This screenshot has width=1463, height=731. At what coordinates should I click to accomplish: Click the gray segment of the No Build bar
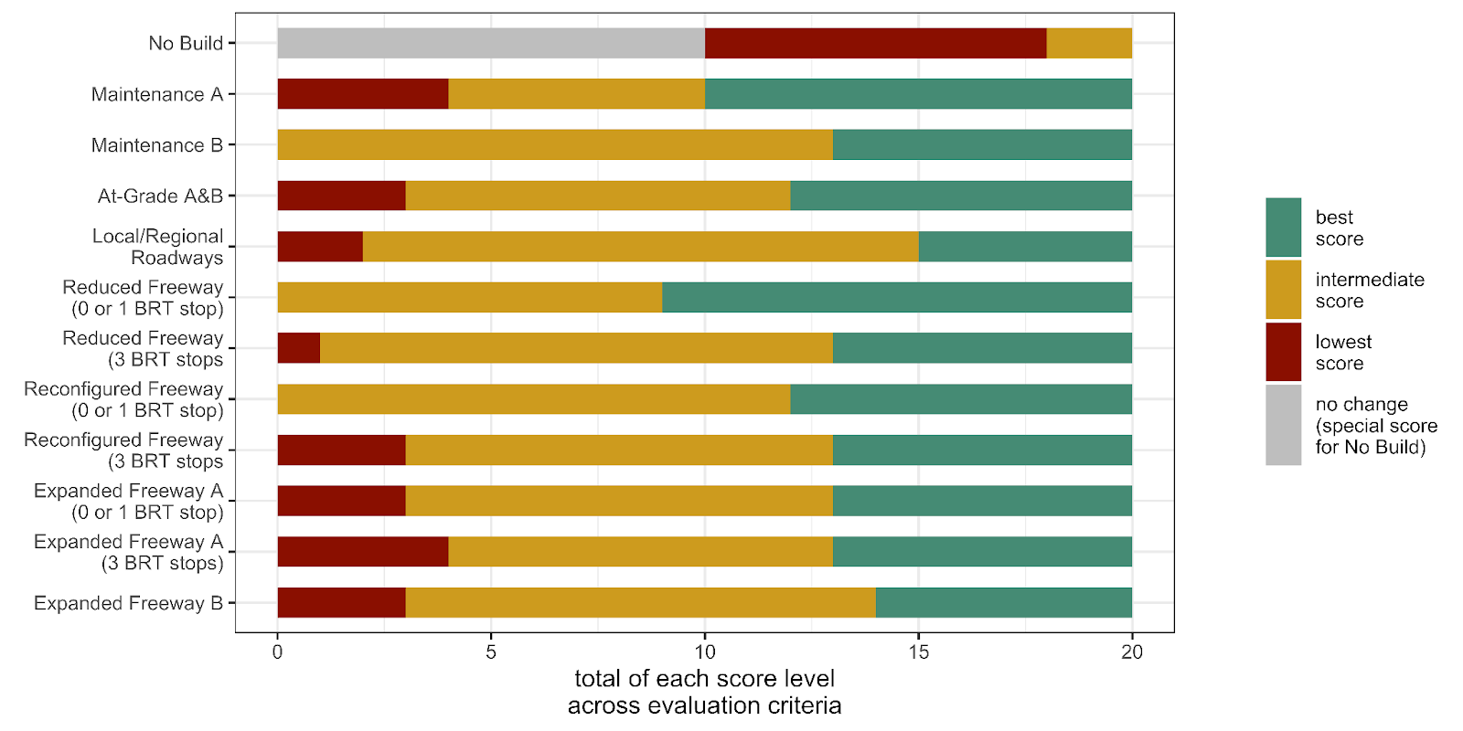click(491, 43)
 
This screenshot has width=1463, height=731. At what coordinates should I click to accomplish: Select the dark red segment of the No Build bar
click(875, 43)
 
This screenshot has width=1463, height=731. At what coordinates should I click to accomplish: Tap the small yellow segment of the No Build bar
click(1089, 43)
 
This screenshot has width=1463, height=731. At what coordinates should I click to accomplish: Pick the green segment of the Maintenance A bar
click(918, 94)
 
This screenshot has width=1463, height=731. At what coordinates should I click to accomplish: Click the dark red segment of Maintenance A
click(363, 94)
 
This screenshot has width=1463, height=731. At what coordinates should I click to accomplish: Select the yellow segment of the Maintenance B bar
click(555, 145)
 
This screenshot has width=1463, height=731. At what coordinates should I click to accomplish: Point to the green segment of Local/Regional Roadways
click(1025, 247)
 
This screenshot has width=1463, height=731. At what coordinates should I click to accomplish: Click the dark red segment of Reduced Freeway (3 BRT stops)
click(299, 348)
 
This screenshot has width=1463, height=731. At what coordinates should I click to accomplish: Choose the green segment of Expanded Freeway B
click(1003, 603)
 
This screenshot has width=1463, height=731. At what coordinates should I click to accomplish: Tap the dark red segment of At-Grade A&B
click(341, 196)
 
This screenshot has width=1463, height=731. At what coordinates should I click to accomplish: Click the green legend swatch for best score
click(1283, 228)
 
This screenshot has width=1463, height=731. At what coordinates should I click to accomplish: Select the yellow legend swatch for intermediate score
click(1283, 290)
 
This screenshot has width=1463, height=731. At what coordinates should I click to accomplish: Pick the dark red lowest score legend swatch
click(1283, 352)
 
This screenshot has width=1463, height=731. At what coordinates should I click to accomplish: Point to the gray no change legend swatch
click(1283, 425)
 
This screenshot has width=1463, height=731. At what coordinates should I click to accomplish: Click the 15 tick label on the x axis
click(918, 652)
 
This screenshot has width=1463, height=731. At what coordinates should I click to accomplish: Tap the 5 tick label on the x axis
click(491, 652)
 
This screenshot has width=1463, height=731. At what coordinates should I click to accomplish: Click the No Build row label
click(186, 43)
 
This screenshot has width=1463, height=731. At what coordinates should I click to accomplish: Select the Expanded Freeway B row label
click(128, 603)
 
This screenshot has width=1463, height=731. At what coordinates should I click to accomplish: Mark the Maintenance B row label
click(156, 145)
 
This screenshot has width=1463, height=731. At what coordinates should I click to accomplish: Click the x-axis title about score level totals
click(704, 692)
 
